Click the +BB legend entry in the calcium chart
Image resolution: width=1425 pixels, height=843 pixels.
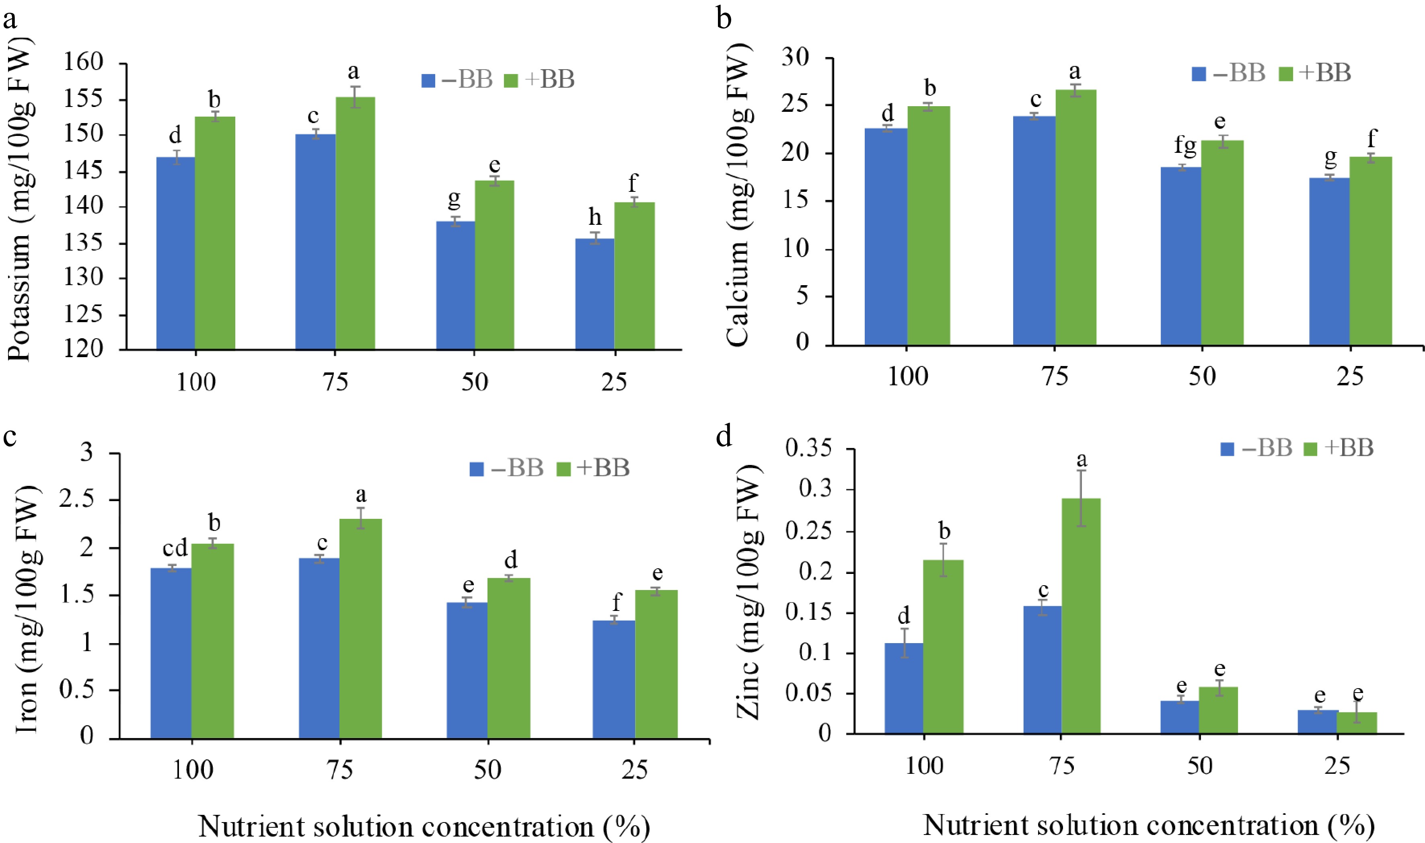(1315, 73)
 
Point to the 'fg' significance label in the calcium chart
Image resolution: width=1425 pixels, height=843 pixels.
(1185, 146)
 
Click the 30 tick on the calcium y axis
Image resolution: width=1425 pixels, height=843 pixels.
(795, 58)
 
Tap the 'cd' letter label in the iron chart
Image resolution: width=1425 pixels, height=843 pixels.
(175, 548)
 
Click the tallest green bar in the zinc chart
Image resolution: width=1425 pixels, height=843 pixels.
(1081, 616)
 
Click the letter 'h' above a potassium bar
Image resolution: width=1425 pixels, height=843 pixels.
(594, 217)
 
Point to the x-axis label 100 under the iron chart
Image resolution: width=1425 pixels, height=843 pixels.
(193, 770)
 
